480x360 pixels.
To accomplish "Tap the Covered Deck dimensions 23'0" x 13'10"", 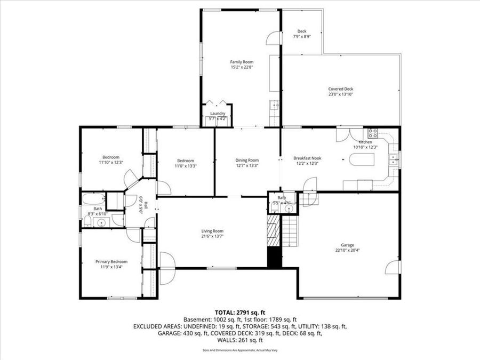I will coord(340,94).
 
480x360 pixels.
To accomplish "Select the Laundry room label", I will coord(218,113).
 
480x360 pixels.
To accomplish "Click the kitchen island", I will coord(362,159).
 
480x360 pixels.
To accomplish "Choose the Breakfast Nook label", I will coord(307,158).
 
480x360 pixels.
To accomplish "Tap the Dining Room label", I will coord(247,160).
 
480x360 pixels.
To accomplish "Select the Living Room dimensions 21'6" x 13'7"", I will coord(212,236).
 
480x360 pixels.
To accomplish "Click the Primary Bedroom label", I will coord(111,261).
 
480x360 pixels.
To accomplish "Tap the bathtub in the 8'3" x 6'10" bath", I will coord(92,200).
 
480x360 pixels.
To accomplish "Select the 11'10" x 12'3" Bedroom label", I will coord(110,157).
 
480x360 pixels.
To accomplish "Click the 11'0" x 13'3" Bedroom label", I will coord(186,161).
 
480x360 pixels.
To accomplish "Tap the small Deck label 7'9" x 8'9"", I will coord(302,31).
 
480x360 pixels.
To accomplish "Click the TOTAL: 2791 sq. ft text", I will coord(239,312).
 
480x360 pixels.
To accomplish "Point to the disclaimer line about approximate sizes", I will coord(239,350).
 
